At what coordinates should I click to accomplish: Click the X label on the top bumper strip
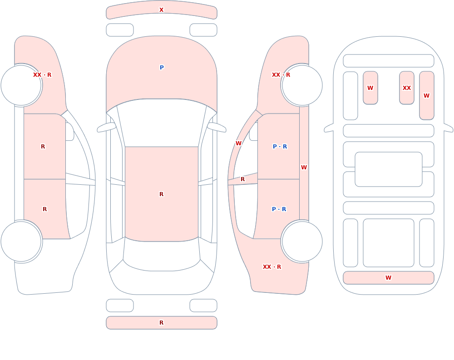point(161,10)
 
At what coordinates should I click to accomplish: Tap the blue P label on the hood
point(162,68)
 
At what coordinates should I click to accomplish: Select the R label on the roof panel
point(161,194)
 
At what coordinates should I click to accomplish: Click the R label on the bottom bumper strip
point(161,323)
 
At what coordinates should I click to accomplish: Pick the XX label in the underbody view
point(406,88)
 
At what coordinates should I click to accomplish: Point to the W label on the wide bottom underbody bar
point(388,277)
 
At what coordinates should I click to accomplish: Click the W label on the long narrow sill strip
point(304,167)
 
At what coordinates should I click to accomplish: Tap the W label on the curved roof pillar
point(238,143)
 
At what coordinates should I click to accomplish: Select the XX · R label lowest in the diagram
point(271,267)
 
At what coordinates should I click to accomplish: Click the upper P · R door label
point(280,146)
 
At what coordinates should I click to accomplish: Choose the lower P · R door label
point(279,209)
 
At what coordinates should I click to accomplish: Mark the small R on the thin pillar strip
point(242,179)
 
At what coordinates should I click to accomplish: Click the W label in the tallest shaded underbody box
point(426,96)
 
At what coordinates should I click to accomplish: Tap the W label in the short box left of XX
point(370,88)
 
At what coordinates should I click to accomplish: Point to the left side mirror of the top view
point(106,127)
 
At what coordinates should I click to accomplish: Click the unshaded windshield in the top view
point(162,122)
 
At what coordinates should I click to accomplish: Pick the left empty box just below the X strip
point(120,30)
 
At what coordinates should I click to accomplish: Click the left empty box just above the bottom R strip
point(120,306)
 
